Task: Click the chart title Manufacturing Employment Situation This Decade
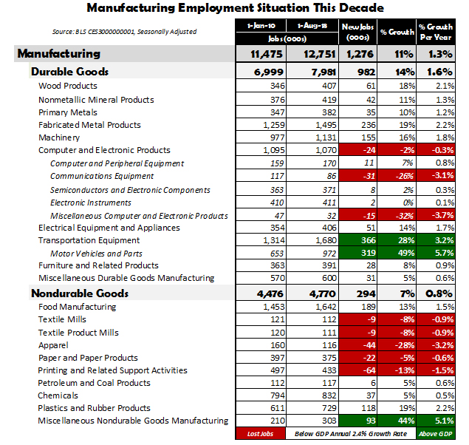pyautogui.click(x=235, y=9)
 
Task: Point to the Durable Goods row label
pyautogui.click(x=69, y=72)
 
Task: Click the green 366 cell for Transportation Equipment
pyautogui.click(x=357, y=240)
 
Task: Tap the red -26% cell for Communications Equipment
pyautogui.click(x=397, y=176)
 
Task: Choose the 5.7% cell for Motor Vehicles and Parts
pyautogui.click(x=436, y=253)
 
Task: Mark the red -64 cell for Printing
pyautogui.click(x=357, y=370)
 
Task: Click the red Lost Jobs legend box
pyautogui.click(x=259, y=434)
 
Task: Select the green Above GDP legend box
pyautogui.click(x=436, y=434)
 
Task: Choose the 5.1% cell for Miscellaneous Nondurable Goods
pyautogui.click(x=436, y=421)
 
